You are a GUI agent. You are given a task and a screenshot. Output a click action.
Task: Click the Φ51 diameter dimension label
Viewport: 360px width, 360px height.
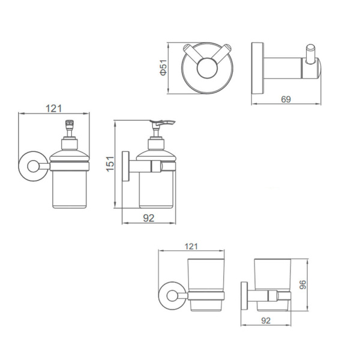tap(163, 67)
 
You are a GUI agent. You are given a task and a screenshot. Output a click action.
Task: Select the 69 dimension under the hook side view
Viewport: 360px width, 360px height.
tap(286, 100)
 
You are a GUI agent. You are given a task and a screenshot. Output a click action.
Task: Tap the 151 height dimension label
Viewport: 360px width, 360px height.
tap(110, 164)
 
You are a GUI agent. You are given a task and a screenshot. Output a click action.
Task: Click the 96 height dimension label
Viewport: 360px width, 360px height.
tap(303, 284)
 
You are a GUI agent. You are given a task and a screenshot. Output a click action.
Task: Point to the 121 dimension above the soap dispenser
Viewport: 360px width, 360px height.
tap(54, 109)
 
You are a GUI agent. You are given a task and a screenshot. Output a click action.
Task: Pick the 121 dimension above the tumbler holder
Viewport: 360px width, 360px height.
tap(191, 247)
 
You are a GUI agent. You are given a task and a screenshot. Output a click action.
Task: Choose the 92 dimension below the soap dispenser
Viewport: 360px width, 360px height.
tap(149, 218)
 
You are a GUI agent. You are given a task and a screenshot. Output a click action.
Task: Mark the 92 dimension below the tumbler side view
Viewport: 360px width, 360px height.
tap(266, 320)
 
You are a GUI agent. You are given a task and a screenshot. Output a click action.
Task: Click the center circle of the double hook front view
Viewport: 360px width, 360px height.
tap(207, 68)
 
